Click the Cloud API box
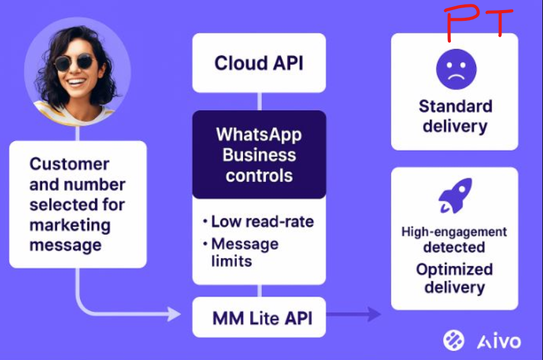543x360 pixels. tap(259, 63)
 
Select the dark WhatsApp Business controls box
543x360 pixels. tap(259, 155)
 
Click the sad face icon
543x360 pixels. tap(456, 69)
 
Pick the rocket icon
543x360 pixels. tap(455, 196)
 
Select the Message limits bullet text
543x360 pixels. tap(244, 252)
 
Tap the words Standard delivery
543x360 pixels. tap(455, 116)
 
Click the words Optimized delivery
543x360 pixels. tap(454, 278)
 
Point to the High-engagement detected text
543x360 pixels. tap(454, 239)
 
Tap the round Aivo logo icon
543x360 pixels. tap(454, 340)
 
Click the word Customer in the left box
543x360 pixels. tap(69, 164)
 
